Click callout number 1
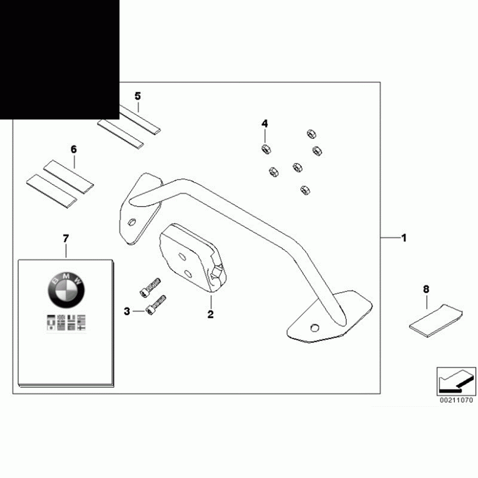point(404,238)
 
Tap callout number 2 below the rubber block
point(210,314)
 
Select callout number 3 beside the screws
point(127,311)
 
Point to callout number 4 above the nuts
point(265,124)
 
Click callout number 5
point(138,96)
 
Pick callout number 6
point(74,150)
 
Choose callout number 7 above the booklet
point(66,239)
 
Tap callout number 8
point(426,290)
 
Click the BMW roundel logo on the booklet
point(66,291)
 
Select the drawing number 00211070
point(456,400)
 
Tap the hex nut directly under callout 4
point(266,149)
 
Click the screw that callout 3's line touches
point(156,305)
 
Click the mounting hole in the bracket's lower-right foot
point(314,328)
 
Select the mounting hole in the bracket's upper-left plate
point(131,222)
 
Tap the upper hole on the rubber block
point(182,257)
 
